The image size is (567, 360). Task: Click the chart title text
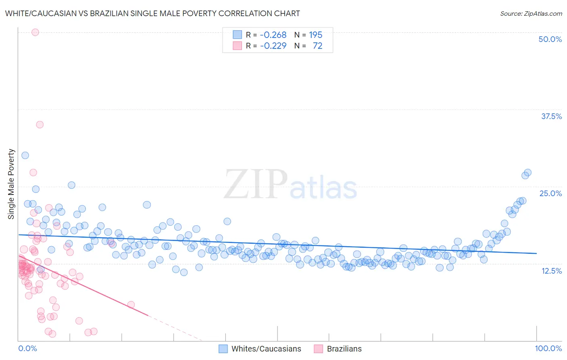152,13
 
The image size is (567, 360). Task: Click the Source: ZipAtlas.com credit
531,13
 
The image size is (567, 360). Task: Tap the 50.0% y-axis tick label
550,39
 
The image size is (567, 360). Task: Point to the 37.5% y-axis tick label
551,116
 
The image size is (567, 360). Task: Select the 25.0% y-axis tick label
550,193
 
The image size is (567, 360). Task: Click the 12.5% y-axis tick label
551,271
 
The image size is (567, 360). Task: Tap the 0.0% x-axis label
27,348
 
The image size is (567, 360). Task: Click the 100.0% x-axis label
548,348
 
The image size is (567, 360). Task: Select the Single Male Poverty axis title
11,184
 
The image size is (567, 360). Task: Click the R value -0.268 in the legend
273,35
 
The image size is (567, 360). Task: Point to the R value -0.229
273,46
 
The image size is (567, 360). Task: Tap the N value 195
315,35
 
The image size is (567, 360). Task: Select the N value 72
317,46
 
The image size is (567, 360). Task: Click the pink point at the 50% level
35,32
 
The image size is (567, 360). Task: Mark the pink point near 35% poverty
40,124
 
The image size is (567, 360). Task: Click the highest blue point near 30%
25,155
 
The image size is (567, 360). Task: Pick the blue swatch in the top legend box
237,35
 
